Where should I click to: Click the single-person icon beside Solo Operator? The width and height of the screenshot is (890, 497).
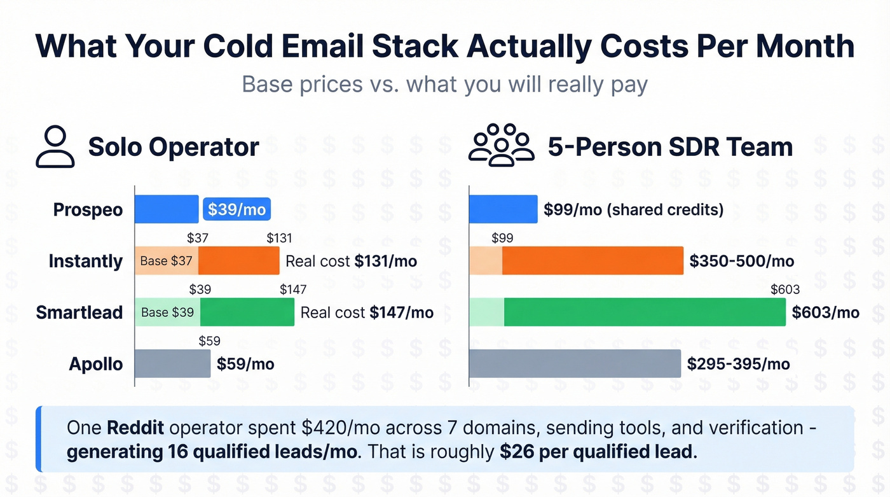(55, 147)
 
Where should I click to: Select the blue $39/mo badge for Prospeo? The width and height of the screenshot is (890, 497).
(236, 209)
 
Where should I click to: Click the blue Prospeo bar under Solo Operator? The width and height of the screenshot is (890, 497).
(167, 209)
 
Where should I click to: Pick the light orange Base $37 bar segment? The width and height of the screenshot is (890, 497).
(167, 261)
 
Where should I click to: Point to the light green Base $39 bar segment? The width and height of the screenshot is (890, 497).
(168, 312)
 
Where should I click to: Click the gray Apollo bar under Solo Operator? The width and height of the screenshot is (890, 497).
(172, 364)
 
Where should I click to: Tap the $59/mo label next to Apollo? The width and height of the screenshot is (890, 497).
(245, 364)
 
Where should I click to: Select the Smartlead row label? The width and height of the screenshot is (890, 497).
(79, 312)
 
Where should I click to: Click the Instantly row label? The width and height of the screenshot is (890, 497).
(86, 261)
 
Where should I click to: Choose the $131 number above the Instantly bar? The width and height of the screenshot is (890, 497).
(279, 239)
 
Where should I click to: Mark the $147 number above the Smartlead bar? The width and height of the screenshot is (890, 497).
(293, 290)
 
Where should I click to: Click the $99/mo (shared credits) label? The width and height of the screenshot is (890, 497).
(633, 209)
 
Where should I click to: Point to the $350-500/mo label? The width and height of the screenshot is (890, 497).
(742, 261)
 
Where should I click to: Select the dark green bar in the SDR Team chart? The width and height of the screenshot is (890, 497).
(645, 312)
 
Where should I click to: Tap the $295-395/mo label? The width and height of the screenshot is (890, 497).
(739, 364)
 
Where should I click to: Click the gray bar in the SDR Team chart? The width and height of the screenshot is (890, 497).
(575, 364)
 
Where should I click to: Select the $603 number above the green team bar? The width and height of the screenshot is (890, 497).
(785, 290)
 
